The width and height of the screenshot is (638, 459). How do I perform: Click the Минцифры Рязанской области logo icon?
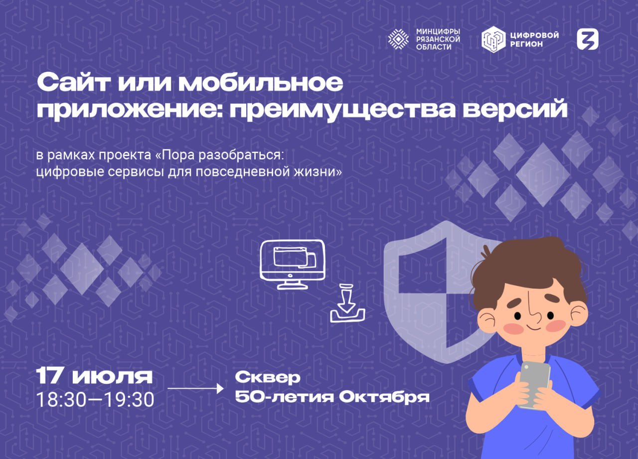tap(398, 39)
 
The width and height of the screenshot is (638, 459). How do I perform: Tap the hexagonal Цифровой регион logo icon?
tap(493, 39)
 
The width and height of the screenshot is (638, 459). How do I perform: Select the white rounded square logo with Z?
tap(588, 39)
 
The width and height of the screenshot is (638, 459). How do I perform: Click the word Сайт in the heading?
tap(73, 83)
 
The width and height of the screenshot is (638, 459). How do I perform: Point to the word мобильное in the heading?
tap(261, 83)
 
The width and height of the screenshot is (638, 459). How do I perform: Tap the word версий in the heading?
tap(515, 109)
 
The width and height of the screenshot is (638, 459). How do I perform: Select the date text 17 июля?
tap(94, 376)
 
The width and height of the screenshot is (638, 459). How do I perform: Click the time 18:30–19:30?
tap(95, 400)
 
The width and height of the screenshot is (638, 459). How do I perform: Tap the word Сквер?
tap(268, 378)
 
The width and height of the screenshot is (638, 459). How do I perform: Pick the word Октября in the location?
tap(384, 397)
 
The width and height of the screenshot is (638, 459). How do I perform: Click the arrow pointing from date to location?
tap(195, 388)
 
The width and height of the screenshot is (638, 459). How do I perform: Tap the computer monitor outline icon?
tap(293, 265)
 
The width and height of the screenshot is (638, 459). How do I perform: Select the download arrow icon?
tap(347, 303)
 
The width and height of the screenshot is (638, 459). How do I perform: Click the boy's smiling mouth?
tap(533, 328)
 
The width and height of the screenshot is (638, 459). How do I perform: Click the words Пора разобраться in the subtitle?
tap(222, 155)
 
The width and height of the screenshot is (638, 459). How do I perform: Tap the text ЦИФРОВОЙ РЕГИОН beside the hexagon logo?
tap(535, 39)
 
